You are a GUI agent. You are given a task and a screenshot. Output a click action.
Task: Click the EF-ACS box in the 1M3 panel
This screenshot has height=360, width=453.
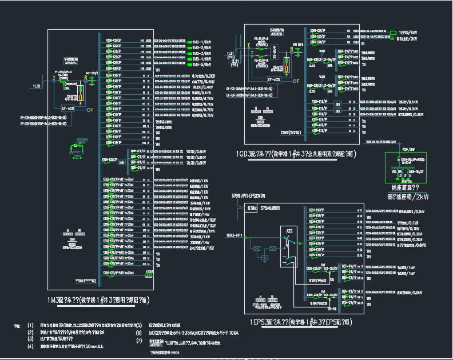click(x=68, y=107)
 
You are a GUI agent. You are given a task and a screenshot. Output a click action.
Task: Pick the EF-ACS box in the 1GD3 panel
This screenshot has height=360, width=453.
click(x=275, y=81)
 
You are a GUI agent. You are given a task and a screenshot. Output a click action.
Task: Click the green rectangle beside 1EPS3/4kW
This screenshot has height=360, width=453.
click(x=393, y=33)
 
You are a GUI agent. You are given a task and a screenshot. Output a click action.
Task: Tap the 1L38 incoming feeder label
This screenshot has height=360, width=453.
click(x=37, y=86)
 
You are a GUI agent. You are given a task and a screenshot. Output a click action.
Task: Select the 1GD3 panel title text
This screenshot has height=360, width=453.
click(x=296, y=154)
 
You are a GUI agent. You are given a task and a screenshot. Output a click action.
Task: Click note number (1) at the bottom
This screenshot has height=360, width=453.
click(x=30, y=325)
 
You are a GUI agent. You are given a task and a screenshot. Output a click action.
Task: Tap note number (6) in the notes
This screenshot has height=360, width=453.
click(x=138, y=332)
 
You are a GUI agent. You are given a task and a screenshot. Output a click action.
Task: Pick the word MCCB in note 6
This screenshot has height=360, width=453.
click(x=156, y=332)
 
